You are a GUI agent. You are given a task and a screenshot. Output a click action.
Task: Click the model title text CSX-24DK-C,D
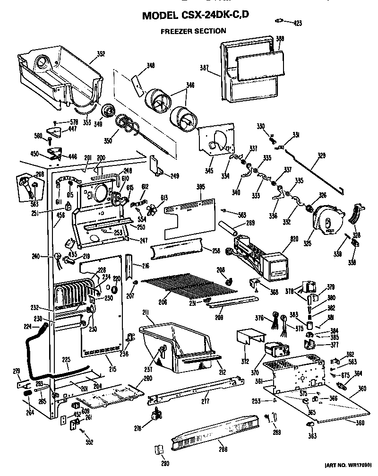point(196,16)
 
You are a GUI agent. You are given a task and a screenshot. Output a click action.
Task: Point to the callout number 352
point(101,54)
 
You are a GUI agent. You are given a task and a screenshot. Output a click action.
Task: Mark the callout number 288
point(221,450)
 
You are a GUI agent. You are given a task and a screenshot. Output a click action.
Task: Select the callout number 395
point(200,188)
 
